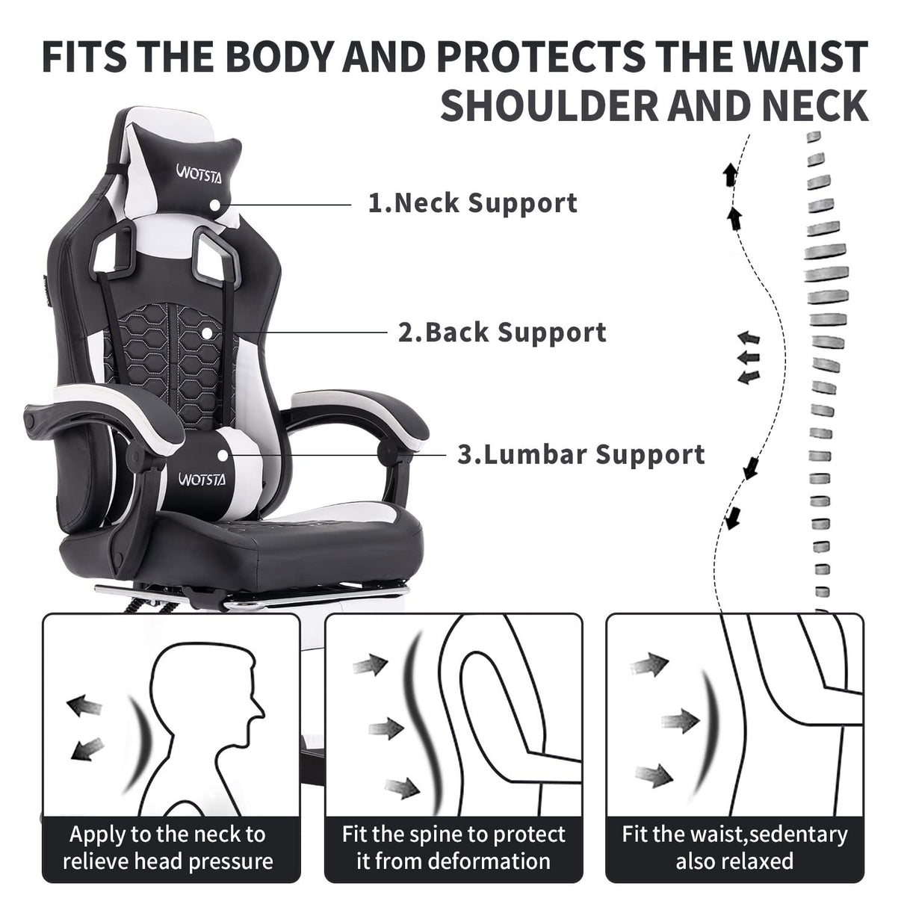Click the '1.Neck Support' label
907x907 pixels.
click(x=473, y=202)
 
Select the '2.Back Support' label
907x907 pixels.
click(x=502, y=332)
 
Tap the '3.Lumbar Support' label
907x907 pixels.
click(x=581, y=453)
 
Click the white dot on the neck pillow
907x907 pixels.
click(x=217, y=204)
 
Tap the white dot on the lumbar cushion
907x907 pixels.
click(x=223, y=454)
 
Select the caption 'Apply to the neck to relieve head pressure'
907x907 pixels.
click(x=168, y=847)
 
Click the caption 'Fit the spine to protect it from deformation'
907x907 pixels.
click(x=453, y=847)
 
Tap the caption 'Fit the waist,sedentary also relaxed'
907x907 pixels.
click(x=734, y=847)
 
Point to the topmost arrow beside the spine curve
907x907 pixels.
click(x=730, y=176)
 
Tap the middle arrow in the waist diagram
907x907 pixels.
click(x=678, y=721)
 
